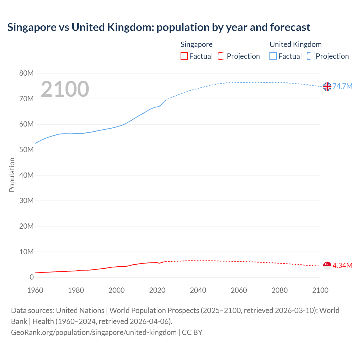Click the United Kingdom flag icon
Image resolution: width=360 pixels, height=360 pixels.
pyautogui.click(x=327, y=87)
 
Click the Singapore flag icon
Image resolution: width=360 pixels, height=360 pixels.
pyautogui.click(x=327, y=265)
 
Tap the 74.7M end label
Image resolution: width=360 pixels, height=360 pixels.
pyautogui.click(x=342, y=86)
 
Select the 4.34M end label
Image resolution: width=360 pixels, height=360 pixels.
pyautogui.click(x=342, y=265)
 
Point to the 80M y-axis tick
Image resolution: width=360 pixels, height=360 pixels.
pyautogui.click(x=26, y=73)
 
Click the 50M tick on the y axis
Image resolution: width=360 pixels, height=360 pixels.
pyautogui.click(x=26, y=150)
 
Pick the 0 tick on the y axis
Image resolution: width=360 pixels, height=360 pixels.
pyautogui.click(x=31, y=277)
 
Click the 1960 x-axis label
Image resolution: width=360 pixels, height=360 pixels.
pyautogui.click(x=35, y=290)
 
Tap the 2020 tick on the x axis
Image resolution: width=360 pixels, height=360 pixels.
pyautogui.click(x=157, y=290)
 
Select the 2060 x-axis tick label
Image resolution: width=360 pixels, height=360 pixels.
pyautogui.click(x=239, y=290)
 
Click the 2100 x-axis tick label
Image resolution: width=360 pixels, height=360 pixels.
pyautogui.click(x=320, y=290)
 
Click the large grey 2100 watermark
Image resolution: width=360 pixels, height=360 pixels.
pyautogui.click(x=65, y=89)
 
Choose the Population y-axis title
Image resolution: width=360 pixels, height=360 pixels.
pyautogui.click(x=12, y=175)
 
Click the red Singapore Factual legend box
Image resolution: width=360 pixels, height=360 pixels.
pyautogui.click(x=184, y=56)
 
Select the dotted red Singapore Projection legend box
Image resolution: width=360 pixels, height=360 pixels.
pyautogui.click(x=222, y=56)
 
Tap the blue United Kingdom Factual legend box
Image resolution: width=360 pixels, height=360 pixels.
pyautogui.click(x=273, y=56)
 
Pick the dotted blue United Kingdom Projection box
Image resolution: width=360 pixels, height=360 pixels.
pyautogui.click(x=310, y=56)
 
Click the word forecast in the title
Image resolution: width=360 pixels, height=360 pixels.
pyautogui.click(x=290, y=27)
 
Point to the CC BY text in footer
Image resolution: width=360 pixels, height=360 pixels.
pyautogui.click(x=192, y=332)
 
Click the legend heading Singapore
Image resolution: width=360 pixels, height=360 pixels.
pyautogui.click(x=196, y=44)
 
